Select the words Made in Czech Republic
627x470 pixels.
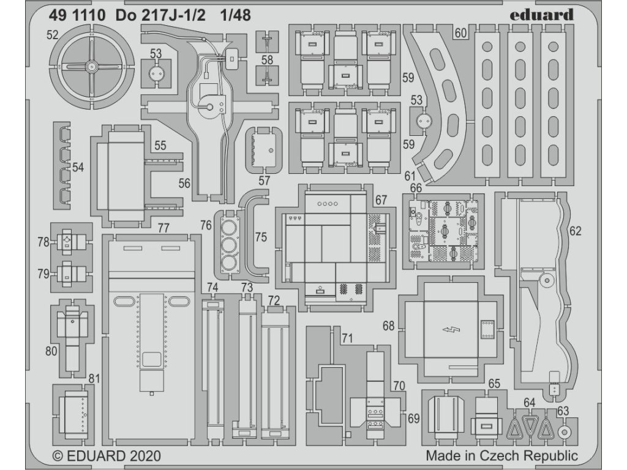(x=501, y=455)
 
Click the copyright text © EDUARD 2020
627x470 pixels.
(x=107, y=456)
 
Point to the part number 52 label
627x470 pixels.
(x=51, y=35)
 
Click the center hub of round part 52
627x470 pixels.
(x=91, y=65)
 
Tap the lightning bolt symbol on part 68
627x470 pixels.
(x=451, y=331)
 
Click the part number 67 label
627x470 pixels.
(x=381, y=200)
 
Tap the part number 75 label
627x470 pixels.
(x=261, y=237)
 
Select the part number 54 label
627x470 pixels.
(x=78, y=166)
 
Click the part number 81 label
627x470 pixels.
(x=94, y=378)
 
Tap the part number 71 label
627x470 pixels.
(x=347, y=338)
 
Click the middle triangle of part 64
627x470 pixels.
(x=529, y=426)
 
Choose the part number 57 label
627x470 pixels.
(x=264, y=181)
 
